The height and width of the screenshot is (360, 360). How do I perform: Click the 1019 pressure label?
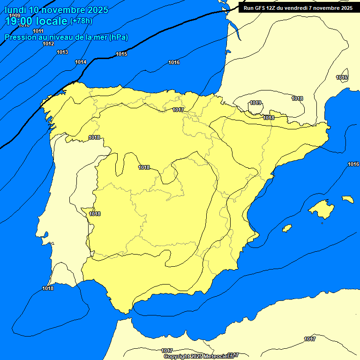255,103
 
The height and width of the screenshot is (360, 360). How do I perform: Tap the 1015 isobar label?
121,54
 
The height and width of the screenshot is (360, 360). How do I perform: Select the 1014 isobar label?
81,62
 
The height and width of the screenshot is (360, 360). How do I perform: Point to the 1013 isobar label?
62,52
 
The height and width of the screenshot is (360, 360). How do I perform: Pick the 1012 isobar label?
48,44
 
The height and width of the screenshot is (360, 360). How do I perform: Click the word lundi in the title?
15,10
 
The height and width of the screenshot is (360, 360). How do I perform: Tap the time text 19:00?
19,21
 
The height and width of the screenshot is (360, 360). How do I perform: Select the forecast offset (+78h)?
81,21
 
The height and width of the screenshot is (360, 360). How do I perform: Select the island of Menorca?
347,199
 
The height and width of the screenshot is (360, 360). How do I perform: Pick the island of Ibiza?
287,228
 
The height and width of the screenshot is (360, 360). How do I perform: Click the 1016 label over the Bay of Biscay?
174,62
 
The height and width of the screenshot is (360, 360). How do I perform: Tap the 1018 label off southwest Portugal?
48,288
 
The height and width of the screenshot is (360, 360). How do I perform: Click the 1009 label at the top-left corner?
15,16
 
